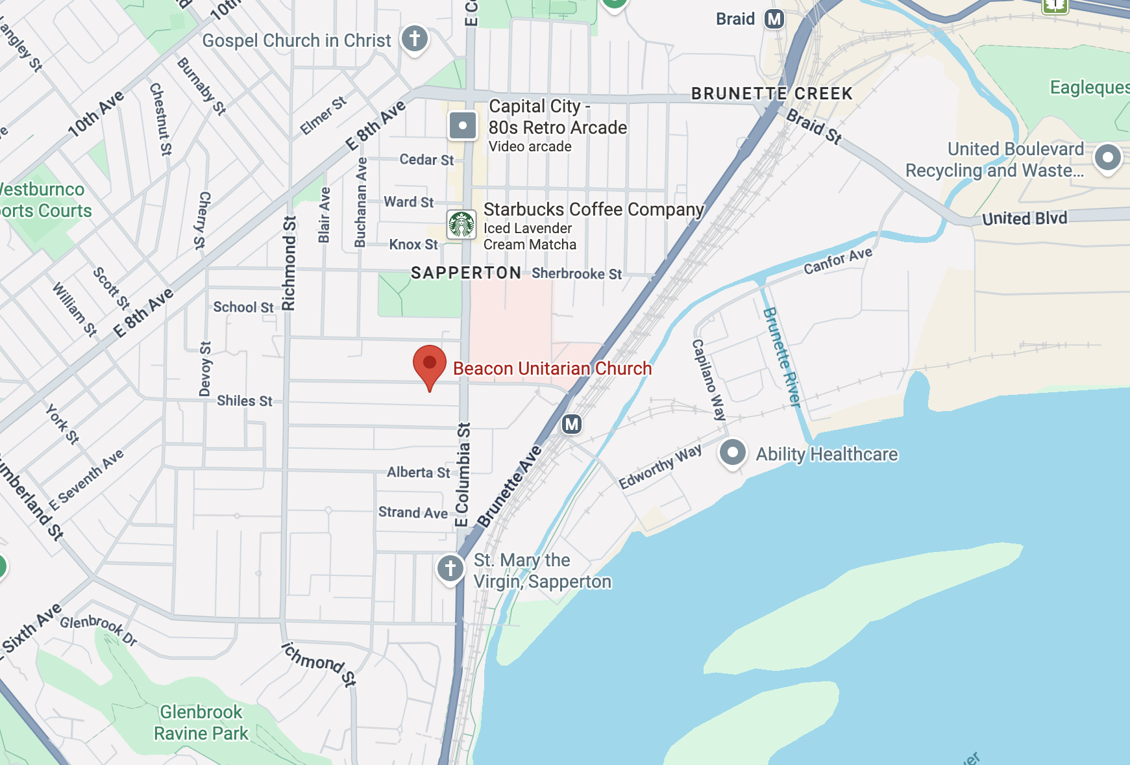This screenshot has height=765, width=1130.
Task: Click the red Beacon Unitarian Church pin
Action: [430, 364]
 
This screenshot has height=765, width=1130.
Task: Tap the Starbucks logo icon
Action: [461, 225]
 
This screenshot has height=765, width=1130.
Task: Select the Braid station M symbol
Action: [774, 19]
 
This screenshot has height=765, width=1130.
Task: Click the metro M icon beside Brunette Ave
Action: [571, 425]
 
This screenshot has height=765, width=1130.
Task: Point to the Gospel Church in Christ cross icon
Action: [415, 38]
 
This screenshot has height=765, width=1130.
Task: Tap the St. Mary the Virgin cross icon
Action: [450, 568]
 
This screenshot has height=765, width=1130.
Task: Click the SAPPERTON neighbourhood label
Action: [466, 273]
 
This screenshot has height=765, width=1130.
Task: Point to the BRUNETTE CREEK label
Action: [772, 94]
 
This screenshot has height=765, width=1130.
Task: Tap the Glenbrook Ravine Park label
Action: [201, 723]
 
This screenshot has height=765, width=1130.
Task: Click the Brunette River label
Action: [781, 357]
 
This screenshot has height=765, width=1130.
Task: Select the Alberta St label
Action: [418, 472]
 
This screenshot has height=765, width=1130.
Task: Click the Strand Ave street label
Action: [413, 512]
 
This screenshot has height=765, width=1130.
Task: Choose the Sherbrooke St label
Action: [576, 273]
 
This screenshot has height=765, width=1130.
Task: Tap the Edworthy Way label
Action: [660, 467]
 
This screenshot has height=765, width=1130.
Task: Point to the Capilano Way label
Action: [708, 380]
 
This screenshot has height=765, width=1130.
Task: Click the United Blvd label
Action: [1024, 218]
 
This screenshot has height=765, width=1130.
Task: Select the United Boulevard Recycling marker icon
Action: [1107, 157]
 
